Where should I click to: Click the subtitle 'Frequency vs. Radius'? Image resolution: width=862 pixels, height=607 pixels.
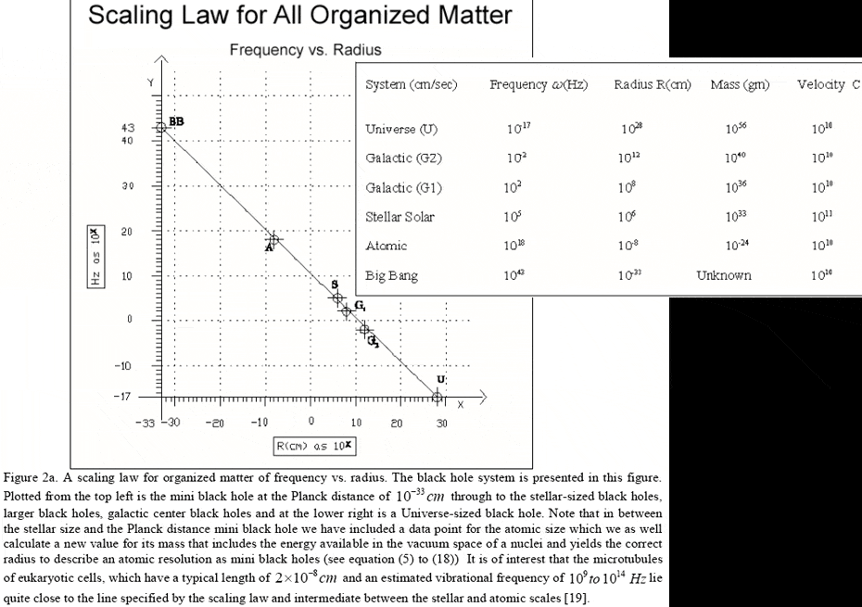pyautogui.click(x=305, y=50)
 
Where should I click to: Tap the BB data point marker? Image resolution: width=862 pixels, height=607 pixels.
pyautogui.click(x=161, y=127)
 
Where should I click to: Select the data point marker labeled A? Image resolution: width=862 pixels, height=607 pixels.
pyautogui.click(x=273, y=239)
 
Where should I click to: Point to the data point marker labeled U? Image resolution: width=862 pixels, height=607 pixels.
pyautogui.click(x=437, y=397)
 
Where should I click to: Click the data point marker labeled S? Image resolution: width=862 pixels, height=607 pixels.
pyautogui.click(x=338, y=297)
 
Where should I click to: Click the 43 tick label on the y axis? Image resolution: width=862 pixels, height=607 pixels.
pyautogui.click(x=129, y=127)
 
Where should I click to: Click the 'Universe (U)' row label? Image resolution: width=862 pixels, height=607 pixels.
pyautogui.click(x=403, y=129)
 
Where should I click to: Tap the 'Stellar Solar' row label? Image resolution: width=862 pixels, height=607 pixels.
pyautogui.click(x=400, y=218)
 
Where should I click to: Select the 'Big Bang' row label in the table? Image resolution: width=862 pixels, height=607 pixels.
pyautogui.click(x=393, y=275)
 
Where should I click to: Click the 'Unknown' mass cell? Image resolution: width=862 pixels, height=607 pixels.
pyautogui.click(x=724, y=275)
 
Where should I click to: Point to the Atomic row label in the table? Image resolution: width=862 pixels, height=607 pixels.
pyautogui.click(x=387, y=247)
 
